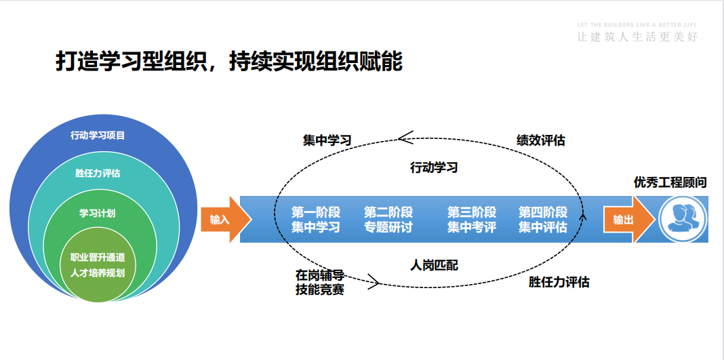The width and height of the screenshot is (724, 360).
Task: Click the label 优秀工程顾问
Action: click(670, 182)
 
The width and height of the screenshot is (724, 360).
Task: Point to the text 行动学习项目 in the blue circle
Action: click(98, 135)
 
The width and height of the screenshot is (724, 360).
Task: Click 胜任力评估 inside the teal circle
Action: click(98, 173)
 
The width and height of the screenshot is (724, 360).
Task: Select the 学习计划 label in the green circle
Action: click(98, 213)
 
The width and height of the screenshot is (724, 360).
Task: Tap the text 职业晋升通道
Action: click(98, 258)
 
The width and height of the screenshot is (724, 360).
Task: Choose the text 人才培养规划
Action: click(98, 273)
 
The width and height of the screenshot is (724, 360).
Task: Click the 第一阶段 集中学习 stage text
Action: click(316, 220)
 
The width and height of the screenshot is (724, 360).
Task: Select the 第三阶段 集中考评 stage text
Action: click(472, 220)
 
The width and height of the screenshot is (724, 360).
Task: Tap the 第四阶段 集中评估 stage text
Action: click(543, 220)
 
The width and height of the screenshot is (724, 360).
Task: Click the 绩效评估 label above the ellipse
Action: click(541, 140)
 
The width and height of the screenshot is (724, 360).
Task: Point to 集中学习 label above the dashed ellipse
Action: click(327, 140)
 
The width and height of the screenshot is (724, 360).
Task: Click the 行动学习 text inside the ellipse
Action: click(435, 167)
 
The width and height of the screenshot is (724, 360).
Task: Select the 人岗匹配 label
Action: click(435, 264)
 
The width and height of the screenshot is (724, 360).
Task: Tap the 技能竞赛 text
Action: click(320, 289)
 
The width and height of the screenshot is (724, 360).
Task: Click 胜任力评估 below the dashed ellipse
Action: click(559, 281)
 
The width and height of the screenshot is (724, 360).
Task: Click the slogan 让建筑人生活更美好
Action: click(637, 37)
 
